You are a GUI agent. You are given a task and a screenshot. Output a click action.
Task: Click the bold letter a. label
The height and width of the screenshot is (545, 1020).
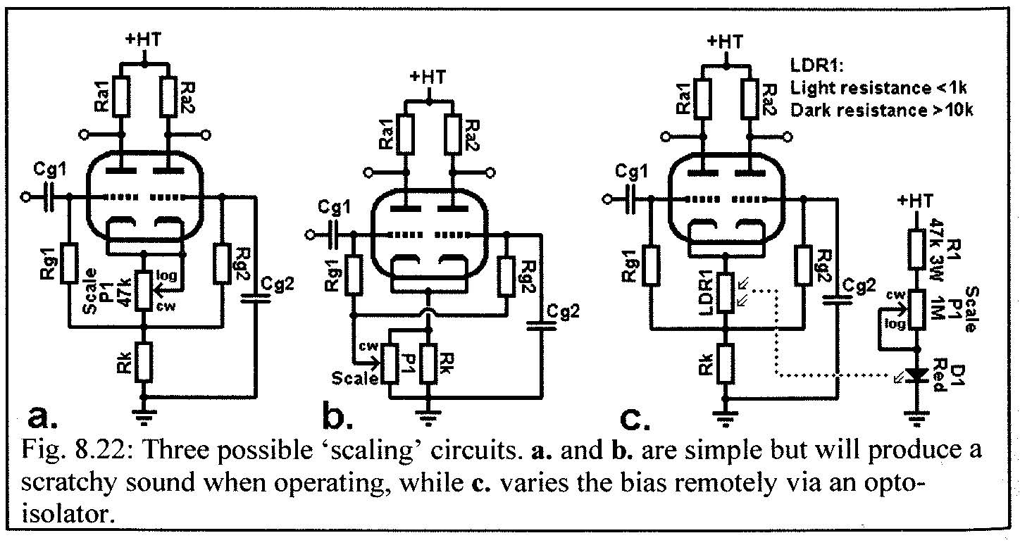[44, 419]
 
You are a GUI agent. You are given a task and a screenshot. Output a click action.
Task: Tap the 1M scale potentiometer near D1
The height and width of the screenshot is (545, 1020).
[916, 310]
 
